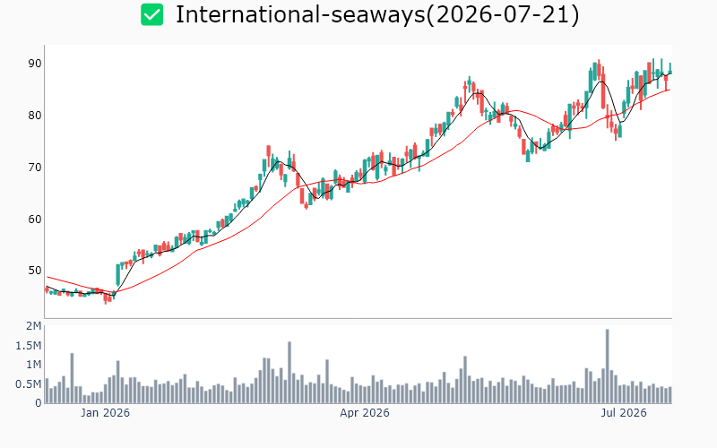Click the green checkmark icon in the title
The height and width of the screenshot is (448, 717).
(151, 14)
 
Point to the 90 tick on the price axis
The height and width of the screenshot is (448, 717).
(35, 64)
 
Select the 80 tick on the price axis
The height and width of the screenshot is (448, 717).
(35, 116)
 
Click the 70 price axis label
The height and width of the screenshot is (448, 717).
(35, 168)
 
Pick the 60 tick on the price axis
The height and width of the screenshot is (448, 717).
(35, 219)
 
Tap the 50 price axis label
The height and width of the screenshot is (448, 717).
(35, 271)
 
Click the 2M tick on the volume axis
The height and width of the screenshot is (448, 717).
(34, 326)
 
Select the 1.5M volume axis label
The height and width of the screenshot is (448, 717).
(29, 346)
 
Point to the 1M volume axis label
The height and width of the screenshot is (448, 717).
(34, 365)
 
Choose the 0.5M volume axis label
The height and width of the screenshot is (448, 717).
(29, 384)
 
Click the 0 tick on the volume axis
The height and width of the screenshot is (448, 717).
(39, 403)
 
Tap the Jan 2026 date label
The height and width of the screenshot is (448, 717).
(105, 413)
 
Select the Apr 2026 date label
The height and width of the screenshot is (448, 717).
(365, 413)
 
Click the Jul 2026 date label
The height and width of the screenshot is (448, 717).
(624, 413)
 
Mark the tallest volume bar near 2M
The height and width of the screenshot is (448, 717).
(608, 366)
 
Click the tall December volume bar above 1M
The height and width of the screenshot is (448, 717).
(72, 378)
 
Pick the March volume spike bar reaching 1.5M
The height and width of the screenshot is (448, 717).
(289, 373)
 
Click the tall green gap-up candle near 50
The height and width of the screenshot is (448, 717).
(118, 275)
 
